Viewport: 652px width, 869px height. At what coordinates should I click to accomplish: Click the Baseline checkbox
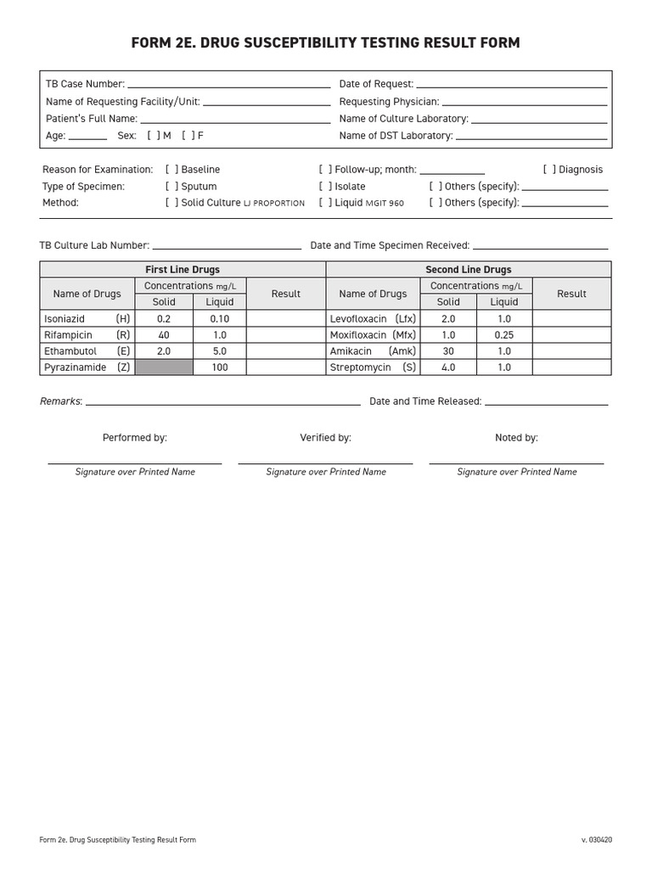(x=171, y=170)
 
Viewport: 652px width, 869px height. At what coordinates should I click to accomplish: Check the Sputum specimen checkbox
(x=171, y=187)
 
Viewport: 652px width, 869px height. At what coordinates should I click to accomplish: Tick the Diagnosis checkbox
(x=549, y=170)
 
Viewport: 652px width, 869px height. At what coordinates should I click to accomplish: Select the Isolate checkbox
(x=325, y=187)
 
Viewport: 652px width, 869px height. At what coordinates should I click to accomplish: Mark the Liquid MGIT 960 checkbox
(x=325, y=203)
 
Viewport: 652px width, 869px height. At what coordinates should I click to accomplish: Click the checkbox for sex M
(x=154, y=136)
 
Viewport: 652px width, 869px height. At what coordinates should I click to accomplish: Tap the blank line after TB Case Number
(x=228, y=85)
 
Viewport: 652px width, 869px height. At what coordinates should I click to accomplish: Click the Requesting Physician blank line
(x=511, y=102)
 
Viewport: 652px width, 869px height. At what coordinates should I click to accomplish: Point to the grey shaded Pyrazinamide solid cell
(x=164, y=367)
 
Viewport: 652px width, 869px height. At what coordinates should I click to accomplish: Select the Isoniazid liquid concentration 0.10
(x=220, y=319)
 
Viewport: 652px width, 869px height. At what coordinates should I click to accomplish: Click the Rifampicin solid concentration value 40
(x=164, y=335)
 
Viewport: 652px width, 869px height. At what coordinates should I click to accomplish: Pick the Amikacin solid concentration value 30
(x=448, y=351)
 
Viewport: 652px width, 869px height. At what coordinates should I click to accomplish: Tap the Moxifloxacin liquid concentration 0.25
(x=504, y=335)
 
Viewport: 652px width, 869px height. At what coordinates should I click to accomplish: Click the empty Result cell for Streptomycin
(x=571, y=367)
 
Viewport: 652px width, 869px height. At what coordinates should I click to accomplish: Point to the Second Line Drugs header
(x=468, y=270)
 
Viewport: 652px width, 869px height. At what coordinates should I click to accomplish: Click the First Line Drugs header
(x=183, y=270)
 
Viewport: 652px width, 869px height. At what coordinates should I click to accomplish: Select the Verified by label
(x=325, y=438)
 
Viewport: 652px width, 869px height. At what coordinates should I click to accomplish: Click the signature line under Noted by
(x=516, y=463)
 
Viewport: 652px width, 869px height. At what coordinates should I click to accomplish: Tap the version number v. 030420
(x=596, y=840)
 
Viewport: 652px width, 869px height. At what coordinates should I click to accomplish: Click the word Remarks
(x=60, y=401)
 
